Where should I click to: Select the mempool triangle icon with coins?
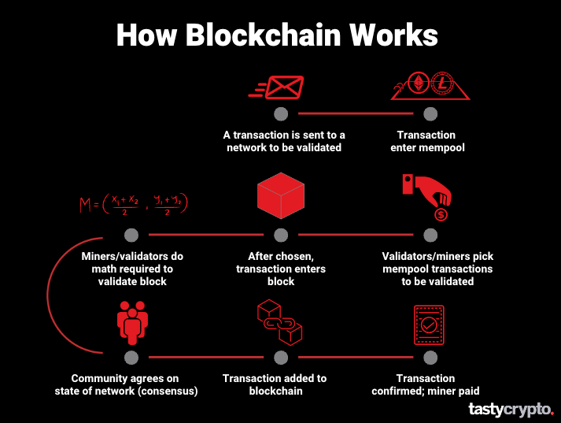pos(431,87)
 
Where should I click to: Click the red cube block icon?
pos(280,196)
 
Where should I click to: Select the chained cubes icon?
pos(280,321)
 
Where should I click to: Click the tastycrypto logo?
pos(511,409)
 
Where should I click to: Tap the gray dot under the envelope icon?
pos(281,113)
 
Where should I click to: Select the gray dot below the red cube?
pos(281,235)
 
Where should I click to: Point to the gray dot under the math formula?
pos(131,235)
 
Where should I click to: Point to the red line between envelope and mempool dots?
pos(356,113)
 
